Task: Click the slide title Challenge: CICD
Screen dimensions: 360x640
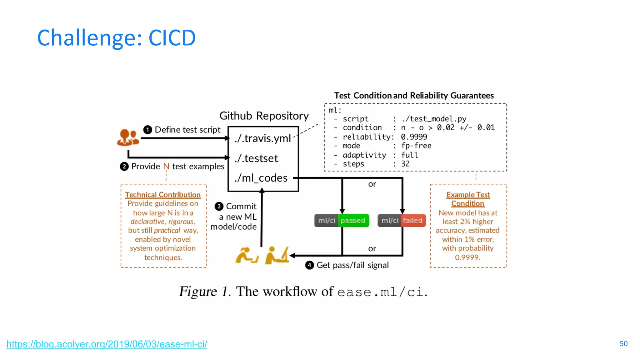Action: tap(116, 38)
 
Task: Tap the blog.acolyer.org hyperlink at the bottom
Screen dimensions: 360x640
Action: tap(107, 344)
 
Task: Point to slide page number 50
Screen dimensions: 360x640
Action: tap(623, 344)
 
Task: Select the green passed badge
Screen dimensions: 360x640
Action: tap(353, 221)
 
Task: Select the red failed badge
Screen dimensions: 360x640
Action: tap(412, 221)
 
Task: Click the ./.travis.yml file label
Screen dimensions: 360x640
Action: tap(262, 138)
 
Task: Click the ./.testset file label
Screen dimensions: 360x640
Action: tap(256, 158)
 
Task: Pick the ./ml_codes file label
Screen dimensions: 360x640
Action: tap(261, 178)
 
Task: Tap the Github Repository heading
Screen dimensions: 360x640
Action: tap(264, 116)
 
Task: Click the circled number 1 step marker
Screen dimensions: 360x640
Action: tap(147, 130)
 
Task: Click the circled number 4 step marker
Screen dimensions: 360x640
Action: tap(309, 265)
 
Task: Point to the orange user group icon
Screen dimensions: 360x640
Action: tap(127, 137)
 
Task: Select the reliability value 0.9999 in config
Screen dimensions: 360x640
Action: tap(414, 137)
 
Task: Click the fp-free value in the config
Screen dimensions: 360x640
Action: tap(416, 146)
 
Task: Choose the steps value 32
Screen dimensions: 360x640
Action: tap(405, 164)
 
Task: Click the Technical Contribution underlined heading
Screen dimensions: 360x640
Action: tap(163, 195)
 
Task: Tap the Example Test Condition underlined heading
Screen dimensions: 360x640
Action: tap(468, 199)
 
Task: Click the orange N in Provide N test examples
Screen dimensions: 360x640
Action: tap(166, 167)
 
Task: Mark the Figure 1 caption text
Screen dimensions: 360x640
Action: tap(303, 292)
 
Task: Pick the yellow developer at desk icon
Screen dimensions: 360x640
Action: tap(277, 255)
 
